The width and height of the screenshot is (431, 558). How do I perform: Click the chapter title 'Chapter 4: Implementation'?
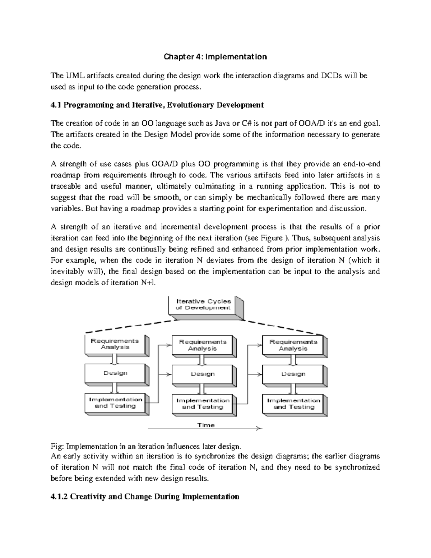(215, 57)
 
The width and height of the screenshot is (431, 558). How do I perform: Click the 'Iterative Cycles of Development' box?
(203, 305)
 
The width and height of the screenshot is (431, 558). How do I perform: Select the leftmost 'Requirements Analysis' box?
(115, 344)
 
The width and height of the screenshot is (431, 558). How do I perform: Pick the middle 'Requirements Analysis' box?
(203, 345)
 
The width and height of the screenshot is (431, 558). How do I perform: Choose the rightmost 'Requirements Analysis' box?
(293, 345)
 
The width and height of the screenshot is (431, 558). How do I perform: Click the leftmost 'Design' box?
(115, 373)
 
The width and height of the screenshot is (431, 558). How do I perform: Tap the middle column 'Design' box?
(203, 374)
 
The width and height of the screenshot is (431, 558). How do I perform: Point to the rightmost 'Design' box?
(293, 374)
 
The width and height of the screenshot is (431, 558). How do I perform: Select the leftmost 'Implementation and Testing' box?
(115, 403)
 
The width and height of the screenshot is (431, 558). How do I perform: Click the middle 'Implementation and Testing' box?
(203, 404)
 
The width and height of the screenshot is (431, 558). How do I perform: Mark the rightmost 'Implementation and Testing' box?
(294, 404)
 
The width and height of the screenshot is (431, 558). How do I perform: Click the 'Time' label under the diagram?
(206, 425)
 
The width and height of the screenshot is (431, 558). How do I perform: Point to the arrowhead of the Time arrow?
(260, 429)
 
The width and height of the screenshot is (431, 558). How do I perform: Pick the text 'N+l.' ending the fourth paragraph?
(147, 283)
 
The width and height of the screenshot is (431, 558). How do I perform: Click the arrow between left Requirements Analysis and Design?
(115, 359)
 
